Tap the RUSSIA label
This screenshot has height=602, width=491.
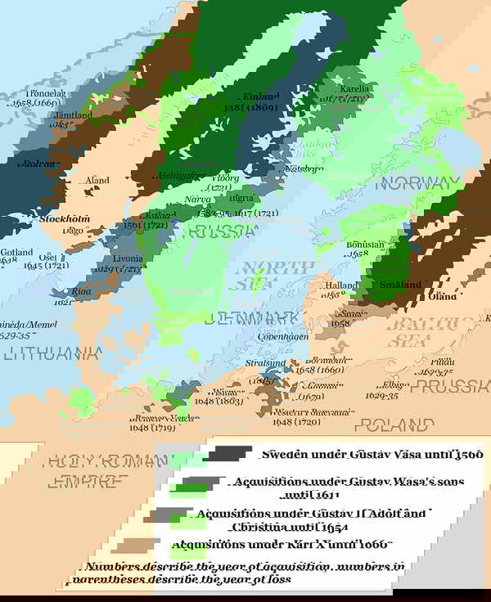pyautogui.click(x=222, y=231)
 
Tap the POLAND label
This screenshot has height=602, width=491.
pyautogui.click(x=399, y=425)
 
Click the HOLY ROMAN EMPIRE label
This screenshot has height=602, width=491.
pyautogui.click(x=102, y=472)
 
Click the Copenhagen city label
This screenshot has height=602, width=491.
pyautogui.click(x=282, y=336)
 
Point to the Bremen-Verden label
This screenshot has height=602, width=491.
pyautogui.click(x=164, y=417)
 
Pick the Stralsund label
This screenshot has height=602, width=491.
pyautogui.click(x=267, y=362)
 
